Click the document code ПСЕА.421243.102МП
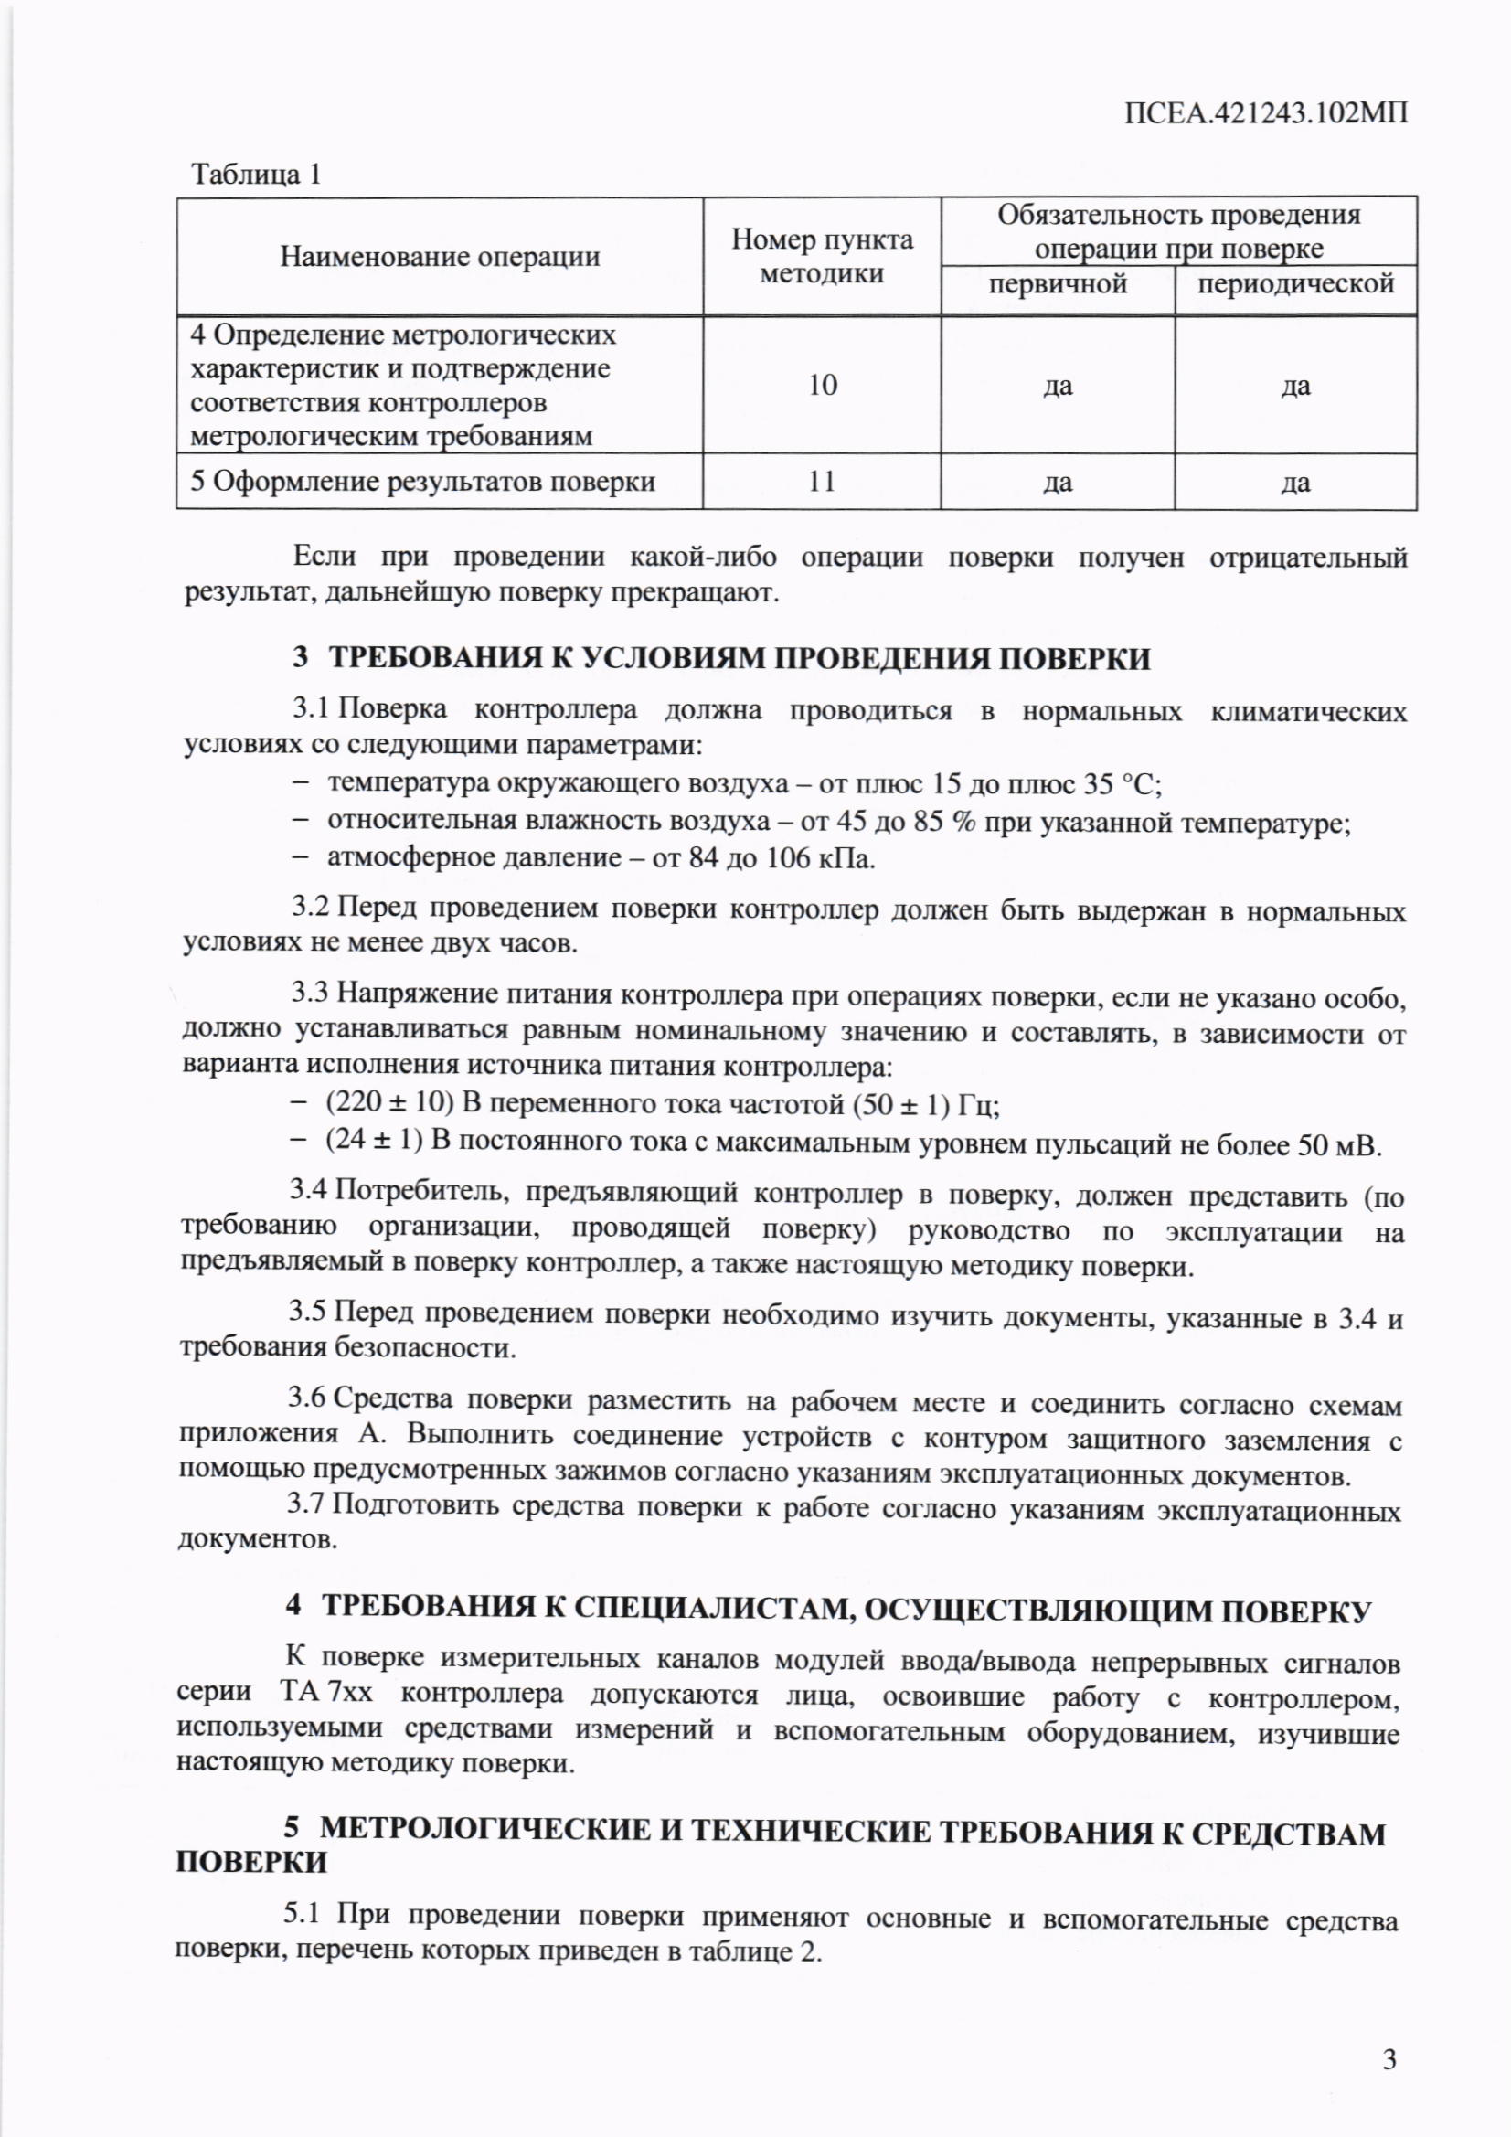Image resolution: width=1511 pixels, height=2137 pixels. tap(1266, 113)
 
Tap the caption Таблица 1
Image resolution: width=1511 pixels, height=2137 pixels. tap(256, 174)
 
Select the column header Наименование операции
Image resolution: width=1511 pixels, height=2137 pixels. tap(440, 256)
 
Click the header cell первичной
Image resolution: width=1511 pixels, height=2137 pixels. tap(1058, 284)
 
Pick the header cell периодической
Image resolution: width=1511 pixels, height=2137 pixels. tap(1296, 284)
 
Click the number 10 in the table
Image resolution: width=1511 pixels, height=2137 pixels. tap(822, 385)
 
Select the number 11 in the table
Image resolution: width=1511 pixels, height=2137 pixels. tap(822, 481)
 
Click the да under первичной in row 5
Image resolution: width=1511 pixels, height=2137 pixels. tap(1058, 483)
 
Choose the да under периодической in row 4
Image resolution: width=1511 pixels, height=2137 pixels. tap(1296, 387)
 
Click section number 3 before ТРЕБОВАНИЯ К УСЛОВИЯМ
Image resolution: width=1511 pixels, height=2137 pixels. tap(300, 658)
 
